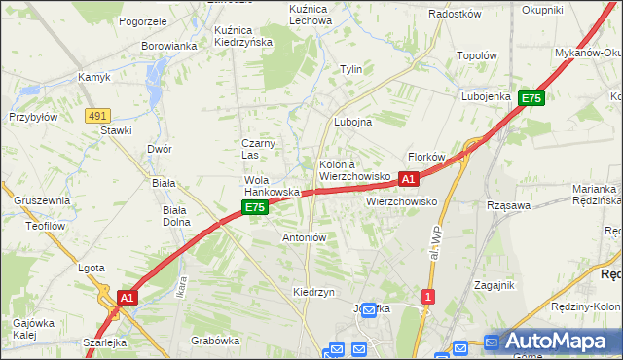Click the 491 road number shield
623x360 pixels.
tap(96, 116)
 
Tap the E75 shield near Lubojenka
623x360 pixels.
tap(531, 98)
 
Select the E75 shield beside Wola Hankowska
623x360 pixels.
tap(254, 208)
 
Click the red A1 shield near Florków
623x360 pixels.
tap(408, 179)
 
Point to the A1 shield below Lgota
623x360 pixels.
tap(127, 296)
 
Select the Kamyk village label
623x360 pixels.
tap(95, 77)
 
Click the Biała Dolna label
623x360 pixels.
tap(176, 215)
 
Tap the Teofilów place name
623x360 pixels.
tap(44, 226)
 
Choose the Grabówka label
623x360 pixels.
tap(215, 341)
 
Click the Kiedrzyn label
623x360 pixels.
tap(313, 292)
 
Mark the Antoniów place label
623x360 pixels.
tap(304, 237)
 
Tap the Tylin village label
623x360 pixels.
tap(350, 69)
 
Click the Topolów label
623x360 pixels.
tap(477, 56)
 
